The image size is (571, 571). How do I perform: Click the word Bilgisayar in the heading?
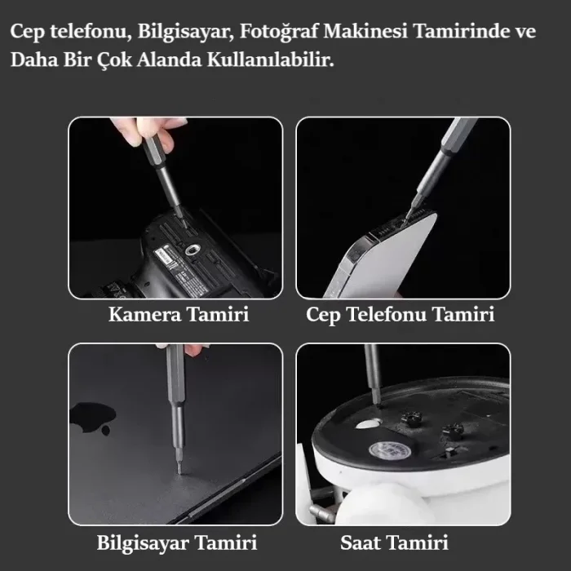185,32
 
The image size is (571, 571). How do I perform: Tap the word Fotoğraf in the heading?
279,32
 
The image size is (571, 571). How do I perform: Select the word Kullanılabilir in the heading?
270,60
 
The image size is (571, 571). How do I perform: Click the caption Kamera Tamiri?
179,314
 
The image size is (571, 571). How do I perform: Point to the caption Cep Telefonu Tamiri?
401,315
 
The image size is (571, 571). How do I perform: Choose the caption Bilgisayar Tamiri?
177,542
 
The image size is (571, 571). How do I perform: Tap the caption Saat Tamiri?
394,542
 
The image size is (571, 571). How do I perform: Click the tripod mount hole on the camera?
191,250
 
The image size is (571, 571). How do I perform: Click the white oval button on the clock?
368,424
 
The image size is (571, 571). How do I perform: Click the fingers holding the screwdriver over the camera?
149,132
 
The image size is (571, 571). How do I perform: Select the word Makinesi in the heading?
365,31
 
